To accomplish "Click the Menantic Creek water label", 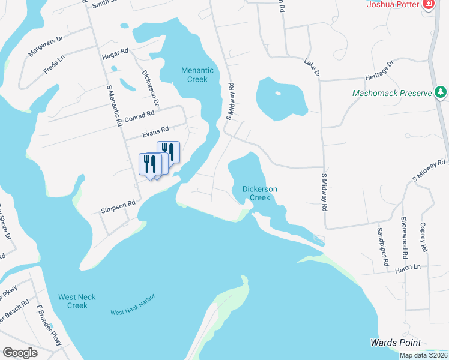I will click(194, 75).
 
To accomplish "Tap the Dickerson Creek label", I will click(259, 193).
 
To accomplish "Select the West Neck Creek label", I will click(77, 301).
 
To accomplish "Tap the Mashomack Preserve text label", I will click(393, 94).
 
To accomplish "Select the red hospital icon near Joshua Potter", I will click(429, 5).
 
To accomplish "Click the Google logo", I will click(20, 353).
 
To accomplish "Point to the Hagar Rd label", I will click(116, 53).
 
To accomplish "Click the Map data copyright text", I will click(423, 355).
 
